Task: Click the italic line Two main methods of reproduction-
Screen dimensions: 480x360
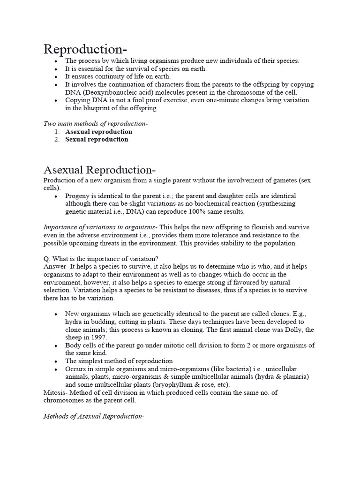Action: [x=95, y=124]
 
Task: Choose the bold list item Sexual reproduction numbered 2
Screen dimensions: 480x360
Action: [x=97, y=139]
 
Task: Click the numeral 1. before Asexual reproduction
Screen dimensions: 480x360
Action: [x=57, y=132]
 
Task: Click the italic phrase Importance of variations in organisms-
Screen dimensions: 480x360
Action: [x=100, y=227]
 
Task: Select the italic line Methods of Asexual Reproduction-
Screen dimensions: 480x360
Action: [x=93, y=416]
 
